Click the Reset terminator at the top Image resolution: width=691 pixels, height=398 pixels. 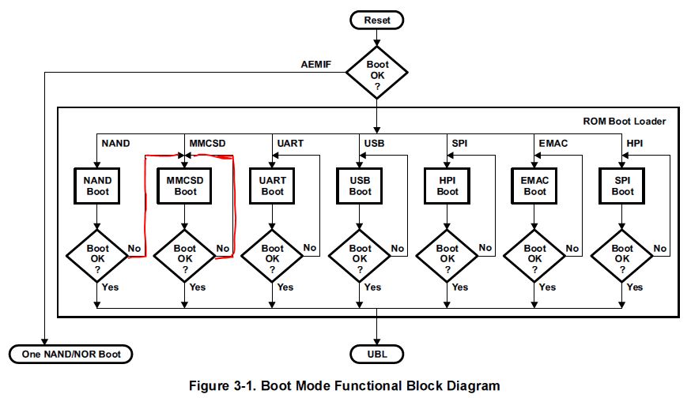pyautogui.click(x=376, y=20)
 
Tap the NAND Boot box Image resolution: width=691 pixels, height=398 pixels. pyautogui.click(x=97, y=186)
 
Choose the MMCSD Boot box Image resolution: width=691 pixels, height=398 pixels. pyautogui.click(x=185, y=186)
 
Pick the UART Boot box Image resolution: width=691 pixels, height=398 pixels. pyautogui.click(x=273, y=186)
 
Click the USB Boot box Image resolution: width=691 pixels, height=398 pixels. pyautogui.click(x=360, y=186)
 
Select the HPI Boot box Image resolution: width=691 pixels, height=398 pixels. pyautogui.click(x=447, y=186)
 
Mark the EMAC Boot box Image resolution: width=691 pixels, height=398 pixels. pyautogui.click(x=535, y=186)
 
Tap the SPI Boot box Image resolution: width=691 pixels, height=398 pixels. pyautogui.click(x=622, y=186)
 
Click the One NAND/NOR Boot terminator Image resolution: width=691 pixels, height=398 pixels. pyautogui.click(x=70, y=354)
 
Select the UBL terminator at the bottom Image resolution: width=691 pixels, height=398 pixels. pyautogui.click(x=376, y=354)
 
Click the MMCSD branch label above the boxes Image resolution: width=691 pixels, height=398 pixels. pyautogui.click(x=208, y=143)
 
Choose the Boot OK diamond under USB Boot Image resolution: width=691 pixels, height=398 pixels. pyautogui.click(x=360, y=253)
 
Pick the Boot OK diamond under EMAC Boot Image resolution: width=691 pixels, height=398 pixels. pyautogui.click(x=535, y=253)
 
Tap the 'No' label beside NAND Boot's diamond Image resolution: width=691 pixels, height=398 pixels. pyautogui.click(x=135, y=247)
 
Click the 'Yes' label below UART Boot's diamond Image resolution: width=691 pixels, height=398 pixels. pyautogui.click(x=285, y=287)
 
